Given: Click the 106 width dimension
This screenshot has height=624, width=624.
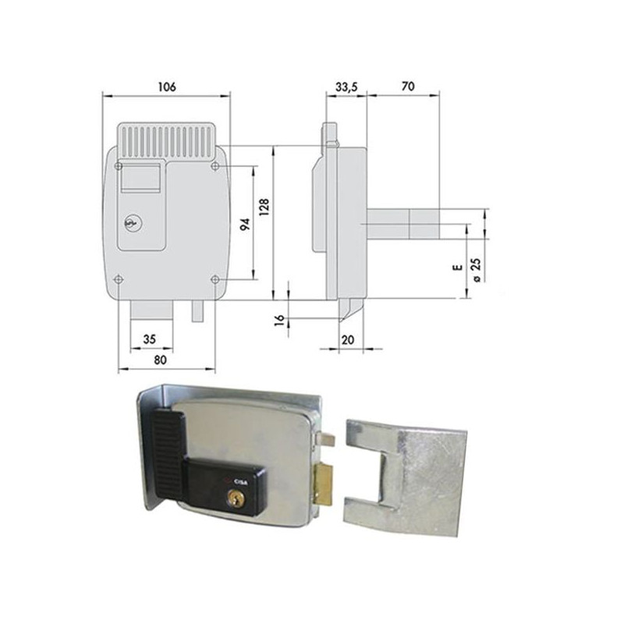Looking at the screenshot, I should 165,87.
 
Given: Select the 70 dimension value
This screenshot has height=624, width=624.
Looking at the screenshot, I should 407,87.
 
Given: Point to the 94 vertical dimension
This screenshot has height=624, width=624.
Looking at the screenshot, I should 243,225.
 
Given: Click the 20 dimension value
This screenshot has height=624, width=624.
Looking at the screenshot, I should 348,339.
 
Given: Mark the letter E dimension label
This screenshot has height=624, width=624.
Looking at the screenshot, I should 459,268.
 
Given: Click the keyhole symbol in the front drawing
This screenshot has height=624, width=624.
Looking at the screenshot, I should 129,224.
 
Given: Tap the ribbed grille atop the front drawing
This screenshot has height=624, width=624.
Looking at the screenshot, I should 166,140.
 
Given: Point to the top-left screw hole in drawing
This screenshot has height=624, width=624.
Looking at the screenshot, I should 119,165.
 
